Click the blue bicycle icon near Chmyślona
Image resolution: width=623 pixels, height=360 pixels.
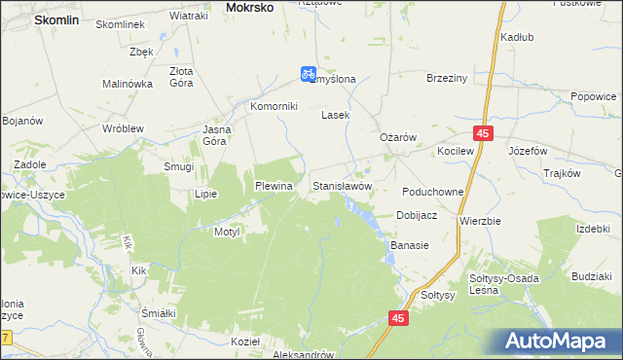click(x=307, y=73)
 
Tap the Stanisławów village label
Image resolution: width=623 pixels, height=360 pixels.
click(x=342, y=185)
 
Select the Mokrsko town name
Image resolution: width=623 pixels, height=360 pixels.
click(x=249, y=7)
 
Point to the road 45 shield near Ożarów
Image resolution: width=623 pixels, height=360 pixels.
click(x=483, y=132)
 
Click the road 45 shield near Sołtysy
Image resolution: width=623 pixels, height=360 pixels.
click(x=398, y=317)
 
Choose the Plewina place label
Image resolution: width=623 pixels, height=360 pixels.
click(x=274, y=185)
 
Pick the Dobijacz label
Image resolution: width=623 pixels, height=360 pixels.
click(x=416, y=215)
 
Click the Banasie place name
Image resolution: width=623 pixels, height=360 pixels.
click(x=410, y=246)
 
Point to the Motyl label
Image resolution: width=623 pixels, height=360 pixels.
click(x=227, y=233)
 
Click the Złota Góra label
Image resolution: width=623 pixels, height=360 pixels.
click(x=181, y=77)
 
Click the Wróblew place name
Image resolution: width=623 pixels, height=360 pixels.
click(x=124, y=128)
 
